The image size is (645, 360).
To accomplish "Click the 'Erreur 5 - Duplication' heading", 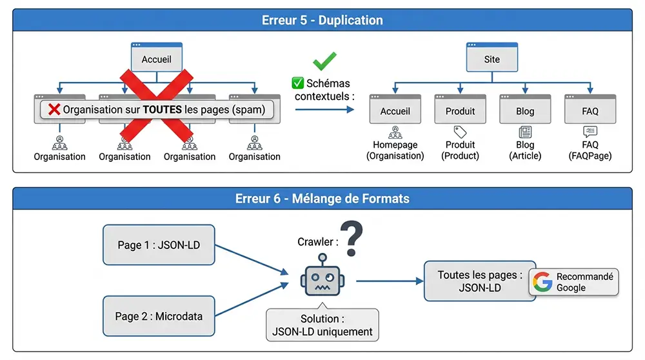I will [322, 20].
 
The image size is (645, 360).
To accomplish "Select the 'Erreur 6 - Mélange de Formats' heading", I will [322, 199].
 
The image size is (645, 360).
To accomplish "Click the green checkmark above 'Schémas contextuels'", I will [324, 62].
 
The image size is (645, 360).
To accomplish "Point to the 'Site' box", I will [491, 58].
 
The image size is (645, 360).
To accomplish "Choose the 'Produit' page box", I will [460, 110].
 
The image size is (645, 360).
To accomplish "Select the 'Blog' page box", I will [525, 110].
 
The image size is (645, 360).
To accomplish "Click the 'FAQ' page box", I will [590, 110].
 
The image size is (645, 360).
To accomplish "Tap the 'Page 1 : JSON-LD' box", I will [159, 245].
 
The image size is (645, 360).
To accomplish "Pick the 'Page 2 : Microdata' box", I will [159, 316].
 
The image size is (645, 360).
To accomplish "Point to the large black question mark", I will [351, 239].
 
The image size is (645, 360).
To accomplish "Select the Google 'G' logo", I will [542, 282].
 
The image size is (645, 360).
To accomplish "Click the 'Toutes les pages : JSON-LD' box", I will [480, 281].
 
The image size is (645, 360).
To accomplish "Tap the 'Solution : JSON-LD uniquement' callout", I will [322, 325].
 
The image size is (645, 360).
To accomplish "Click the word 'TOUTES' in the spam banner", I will [162, 110].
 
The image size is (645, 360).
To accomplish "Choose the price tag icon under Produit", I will [460, 132].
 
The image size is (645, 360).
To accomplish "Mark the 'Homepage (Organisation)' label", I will [395, 150].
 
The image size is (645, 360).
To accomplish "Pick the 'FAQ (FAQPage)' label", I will [590, 150].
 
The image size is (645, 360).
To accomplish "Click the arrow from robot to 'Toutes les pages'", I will [387, 281].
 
